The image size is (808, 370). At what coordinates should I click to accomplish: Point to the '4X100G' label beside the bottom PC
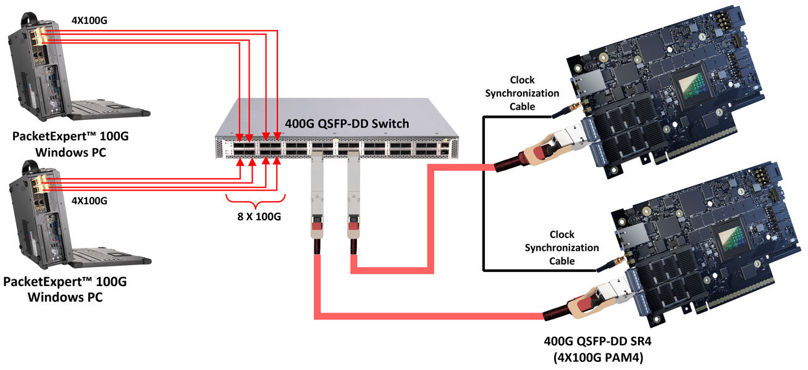(90, 200)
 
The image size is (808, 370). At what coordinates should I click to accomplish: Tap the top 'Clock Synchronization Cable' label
(522, 93)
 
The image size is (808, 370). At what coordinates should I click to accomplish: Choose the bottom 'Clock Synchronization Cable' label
(562, 247)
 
